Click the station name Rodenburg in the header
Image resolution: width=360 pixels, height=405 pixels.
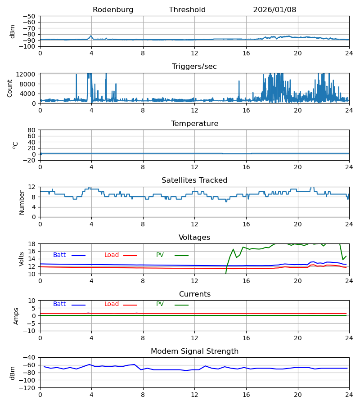113,10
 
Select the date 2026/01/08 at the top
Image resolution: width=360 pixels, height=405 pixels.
274,10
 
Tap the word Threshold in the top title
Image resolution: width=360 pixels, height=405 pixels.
187,10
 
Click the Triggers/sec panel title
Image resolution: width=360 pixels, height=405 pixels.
194,67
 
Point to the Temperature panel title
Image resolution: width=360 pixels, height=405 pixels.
194,124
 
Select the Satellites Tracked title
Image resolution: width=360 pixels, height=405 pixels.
194,180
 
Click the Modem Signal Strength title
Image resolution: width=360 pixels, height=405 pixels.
194,351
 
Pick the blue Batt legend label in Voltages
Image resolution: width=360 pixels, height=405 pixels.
59,255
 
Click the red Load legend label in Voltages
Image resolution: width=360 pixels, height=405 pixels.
112,255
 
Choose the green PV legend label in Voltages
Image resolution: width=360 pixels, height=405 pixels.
160,255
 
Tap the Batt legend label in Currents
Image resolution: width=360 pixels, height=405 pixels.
59,304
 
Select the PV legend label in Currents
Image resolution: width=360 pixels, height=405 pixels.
160,304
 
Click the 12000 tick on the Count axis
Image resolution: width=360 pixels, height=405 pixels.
28,74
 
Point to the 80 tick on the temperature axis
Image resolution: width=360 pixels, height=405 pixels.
32,130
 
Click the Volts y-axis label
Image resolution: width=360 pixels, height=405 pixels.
22,259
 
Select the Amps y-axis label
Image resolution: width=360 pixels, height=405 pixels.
17,316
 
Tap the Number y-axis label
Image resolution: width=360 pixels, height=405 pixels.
22,202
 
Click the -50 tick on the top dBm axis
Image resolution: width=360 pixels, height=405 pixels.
31,16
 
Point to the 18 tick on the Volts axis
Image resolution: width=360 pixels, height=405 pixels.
32,244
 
